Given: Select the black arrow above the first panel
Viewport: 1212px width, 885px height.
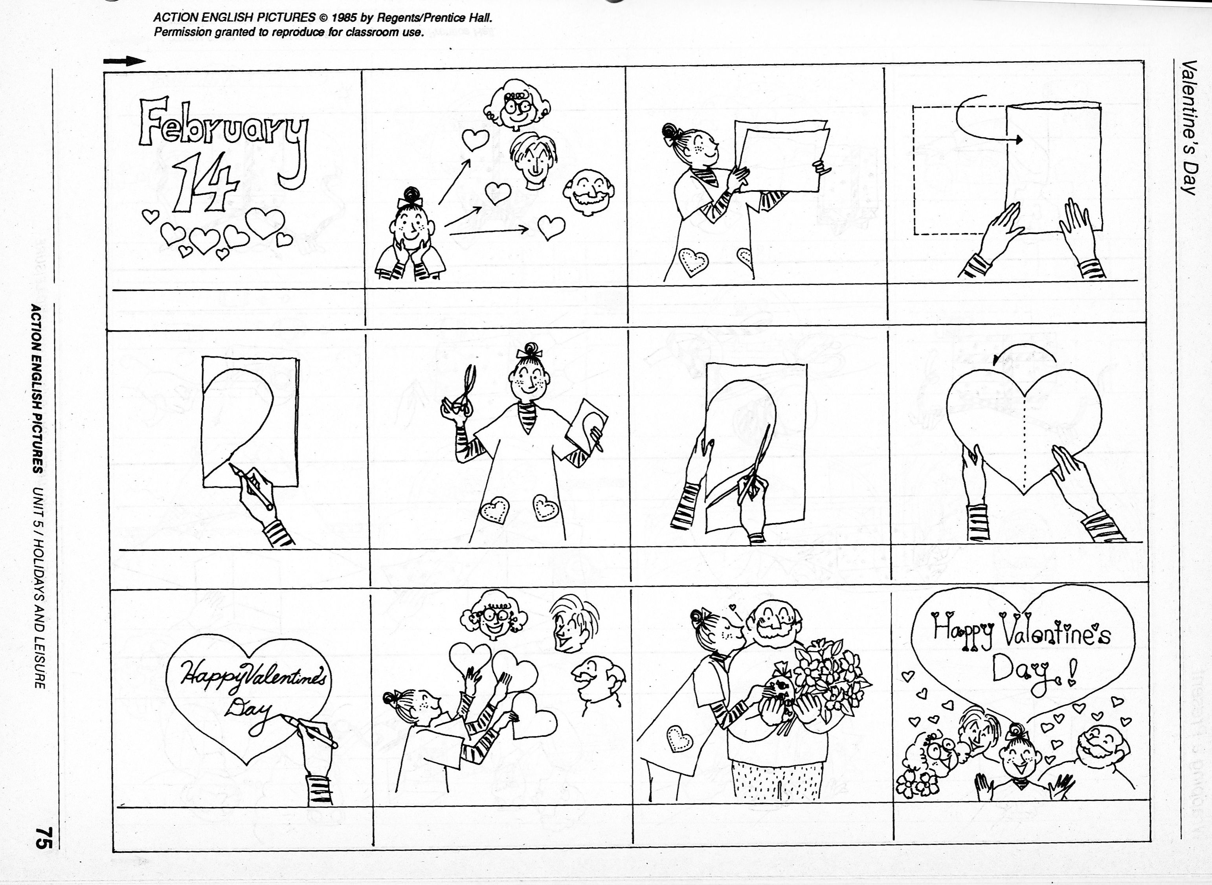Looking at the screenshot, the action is pos(124,61).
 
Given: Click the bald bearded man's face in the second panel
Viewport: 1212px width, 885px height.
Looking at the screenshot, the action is pos(588,192).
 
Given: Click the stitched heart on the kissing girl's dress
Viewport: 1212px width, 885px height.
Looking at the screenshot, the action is pos(679,739).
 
